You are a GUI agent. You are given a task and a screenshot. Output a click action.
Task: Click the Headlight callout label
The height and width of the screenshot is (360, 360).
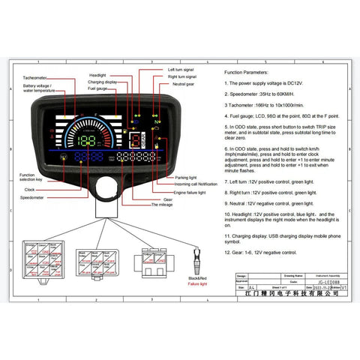pos(97,76)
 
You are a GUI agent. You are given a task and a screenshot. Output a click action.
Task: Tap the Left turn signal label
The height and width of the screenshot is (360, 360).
pos(180,69)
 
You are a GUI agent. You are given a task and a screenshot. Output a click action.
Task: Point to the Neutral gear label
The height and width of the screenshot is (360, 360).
pos(183,84)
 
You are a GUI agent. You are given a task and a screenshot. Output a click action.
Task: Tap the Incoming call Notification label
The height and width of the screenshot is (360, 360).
pos(196,184)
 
